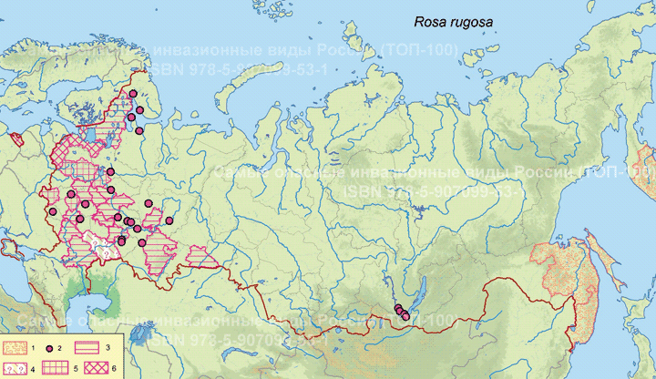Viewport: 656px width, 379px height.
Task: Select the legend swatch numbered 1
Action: coord(16,348)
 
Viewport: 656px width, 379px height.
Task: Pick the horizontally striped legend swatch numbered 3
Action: coord(91,348)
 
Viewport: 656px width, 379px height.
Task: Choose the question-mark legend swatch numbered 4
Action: coord(16,367)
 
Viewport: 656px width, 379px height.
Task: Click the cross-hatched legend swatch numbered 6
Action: coord(91,367)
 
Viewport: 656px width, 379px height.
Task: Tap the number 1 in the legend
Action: coord(33,348)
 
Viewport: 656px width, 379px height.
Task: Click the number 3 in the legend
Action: coord(108,348)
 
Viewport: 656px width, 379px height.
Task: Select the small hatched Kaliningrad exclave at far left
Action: coord(17,140)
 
